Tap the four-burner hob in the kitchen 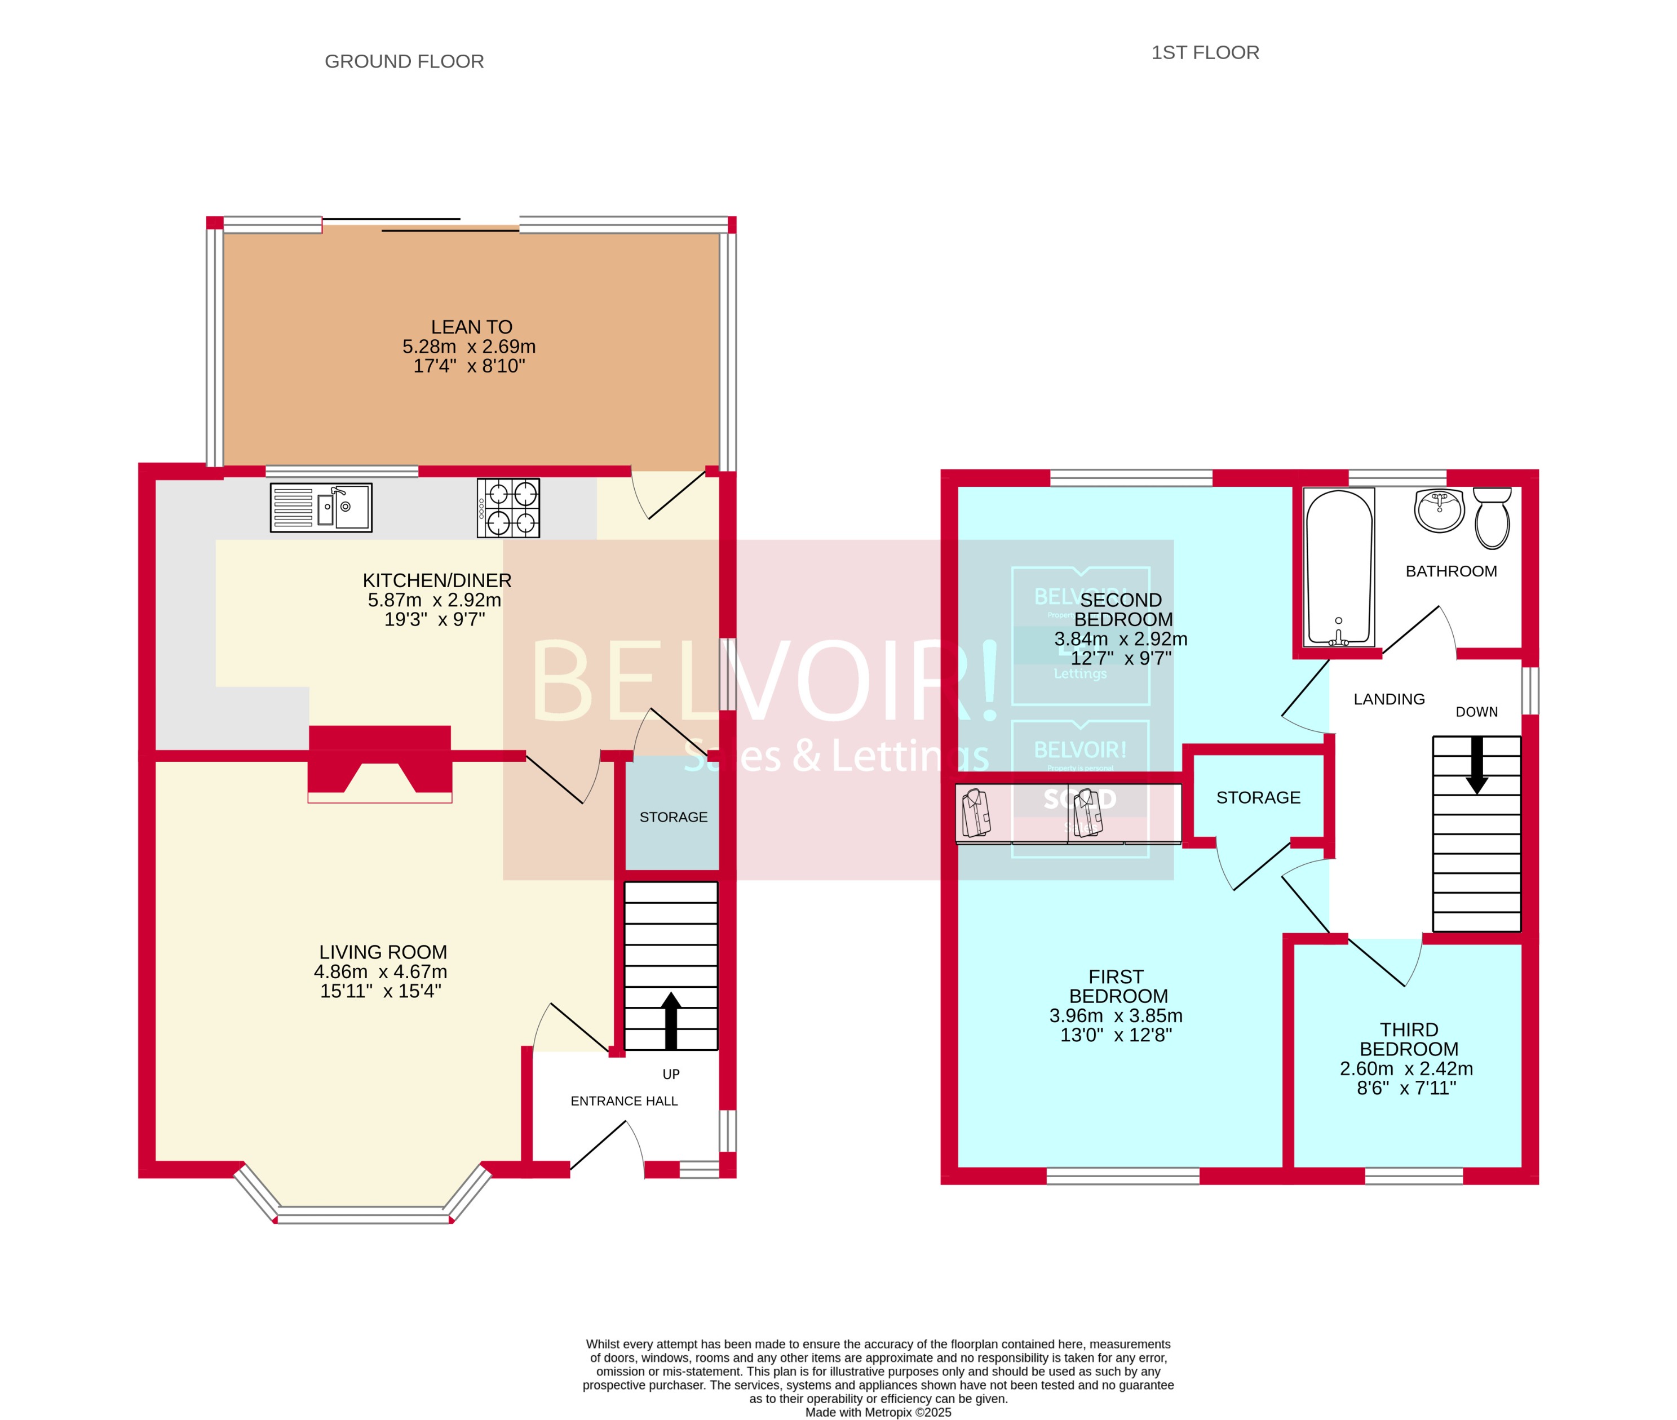pos(508,508)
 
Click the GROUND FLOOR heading pos(404,61)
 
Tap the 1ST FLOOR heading pos(1205,52)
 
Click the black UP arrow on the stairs pos(671,1020)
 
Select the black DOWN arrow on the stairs pos(1476,765)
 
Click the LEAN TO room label pos(471,327)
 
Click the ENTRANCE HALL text pos(624,1101)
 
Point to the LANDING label pos(1389,699)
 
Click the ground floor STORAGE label pos(673,817)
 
